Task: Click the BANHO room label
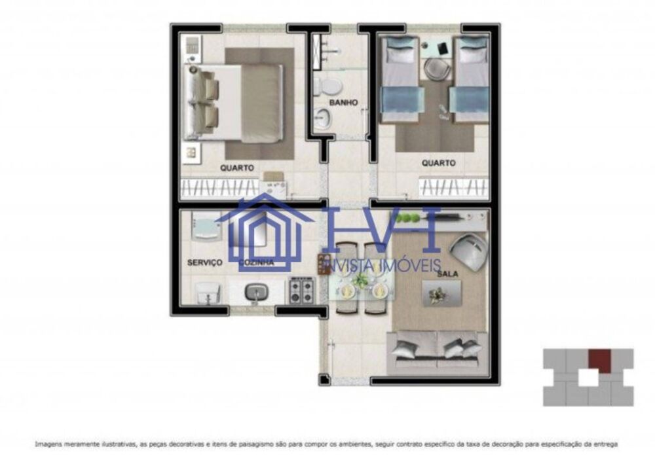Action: click(x=343, y=103)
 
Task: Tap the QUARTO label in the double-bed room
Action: click(x=237, y=168)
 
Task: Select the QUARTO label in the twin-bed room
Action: click(x=438, y=163)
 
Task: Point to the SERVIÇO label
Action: click(x=205, y=262)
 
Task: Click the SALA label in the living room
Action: click(x=448, y=276)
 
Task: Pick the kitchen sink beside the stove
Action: click(x=255, y=293)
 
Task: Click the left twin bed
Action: click(x=400, y=82)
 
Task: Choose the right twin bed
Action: click(x=470, y=82)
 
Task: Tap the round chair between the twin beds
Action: click(x=433, y=69)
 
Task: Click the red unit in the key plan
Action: click(x=599, y=359)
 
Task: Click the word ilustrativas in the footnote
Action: click(x=115, y=444)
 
